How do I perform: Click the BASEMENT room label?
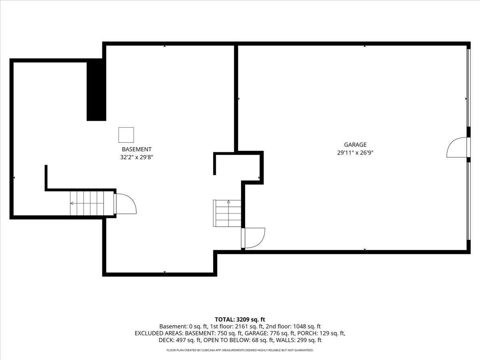[137, 150]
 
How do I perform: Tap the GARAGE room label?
[355, 145]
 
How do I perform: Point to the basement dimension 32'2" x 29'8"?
[137, 158]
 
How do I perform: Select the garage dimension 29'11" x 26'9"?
[355, 152]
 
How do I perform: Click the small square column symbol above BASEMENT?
[126, 135]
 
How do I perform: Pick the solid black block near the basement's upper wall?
[96, 90]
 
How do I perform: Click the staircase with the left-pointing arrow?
[87, 203]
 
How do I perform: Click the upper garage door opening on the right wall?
[468, 88]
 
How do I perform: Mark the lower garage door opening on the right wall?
[468, 200]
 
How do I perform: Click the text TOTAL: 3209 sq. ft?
[240, 319]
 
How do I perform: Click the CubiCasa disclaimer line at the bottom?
[240, 350]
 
